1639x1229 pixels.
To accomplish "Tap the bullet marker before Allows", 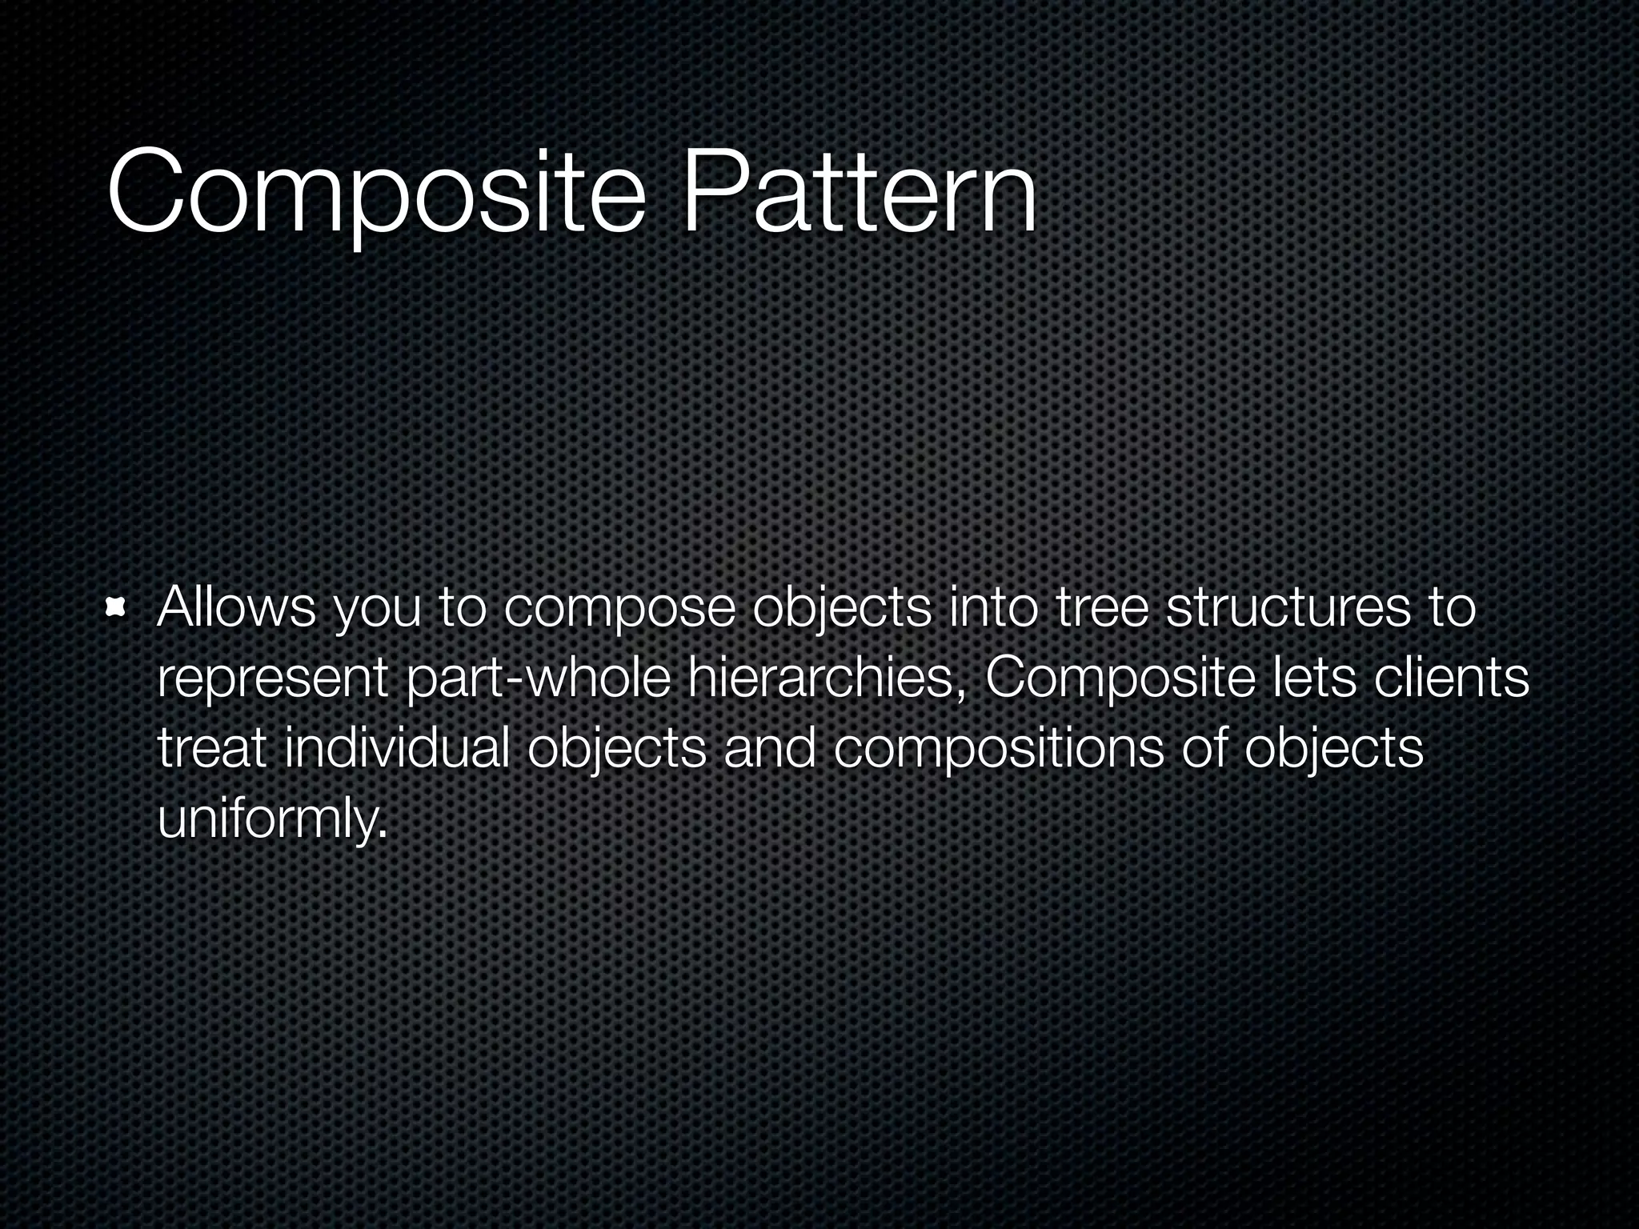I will (x=117, y=610).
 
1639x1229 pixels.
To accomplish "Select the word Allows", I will (x=237, y=608).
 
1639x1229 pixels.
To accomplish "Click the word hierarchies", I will (x=824, y=680).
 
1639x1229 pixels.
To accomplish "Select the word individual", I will (x=397, y=749).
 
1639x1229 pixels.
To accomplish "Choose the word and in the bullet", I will (x=769, y=749).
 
